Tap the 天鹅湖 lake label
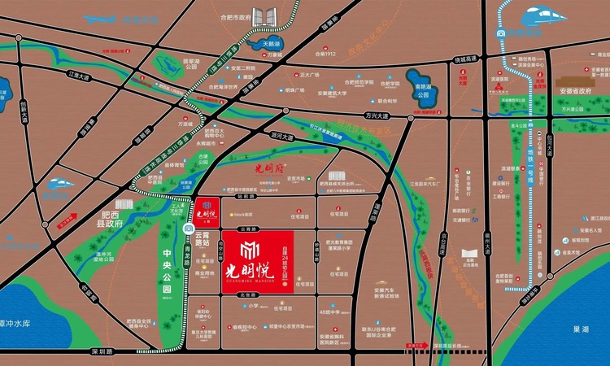[x=270, y=42]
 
